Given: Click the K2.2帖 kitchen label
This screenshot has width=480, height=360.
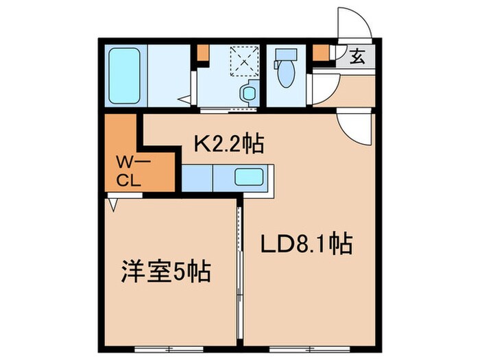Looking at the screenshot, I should [x=230, y=144].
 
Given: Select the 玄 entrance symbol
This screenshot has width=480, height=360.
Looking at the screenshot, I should [x=358, y=56].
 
